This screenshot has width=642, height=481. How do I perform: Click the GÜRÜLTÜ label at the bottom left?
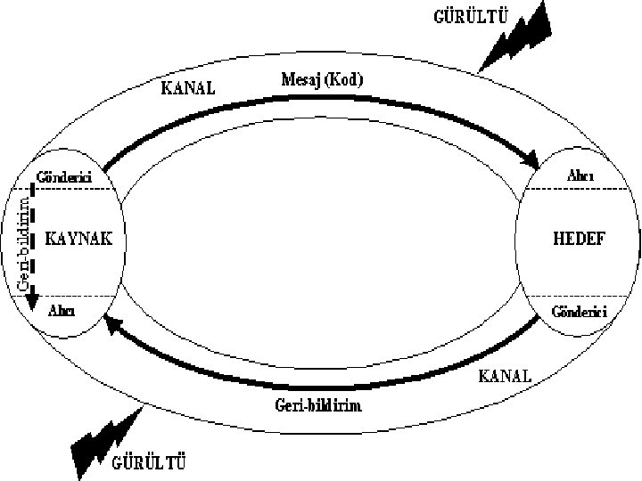coord(150,461)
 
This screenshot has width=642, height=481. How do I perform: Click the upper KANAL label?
coord(188,88)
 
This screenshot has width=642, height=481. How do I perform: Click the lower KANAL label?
coord(506,375)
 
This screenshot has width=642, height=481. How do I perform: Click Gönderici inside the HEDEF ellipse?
coord(580,312)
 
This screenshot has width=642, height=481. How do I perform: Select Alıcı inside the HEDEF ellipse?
coord(583,176)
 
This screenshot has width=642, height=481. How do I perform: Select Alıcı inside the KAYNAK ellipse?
coord(61,310)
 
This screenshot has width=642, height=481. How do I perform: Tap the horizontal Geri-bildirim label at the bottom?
coord(319,405)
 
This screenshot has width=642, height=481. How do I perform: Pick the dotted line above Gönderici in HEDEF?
coord(580,296)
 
